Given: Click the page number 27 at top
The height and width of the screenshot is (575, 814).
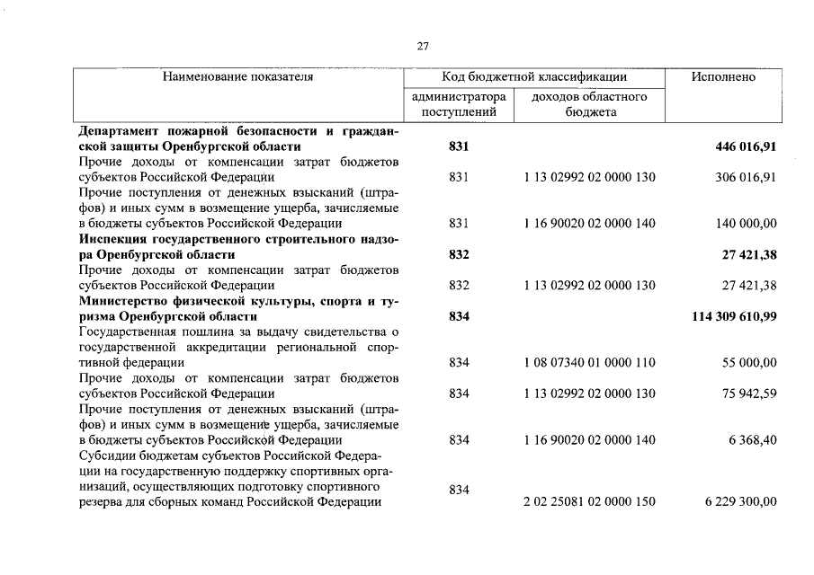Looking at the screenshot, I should tap(423, 46).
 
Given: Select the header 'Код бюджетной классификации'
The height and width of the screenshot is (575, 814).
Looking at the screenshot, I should tap(534, 77).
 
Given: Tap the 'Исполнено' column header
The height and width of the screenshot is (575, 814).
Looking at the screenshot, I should tap(723, 77).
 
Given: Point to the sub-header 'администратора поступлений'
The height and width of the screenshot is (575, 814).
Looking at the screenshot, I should tap(459, 104).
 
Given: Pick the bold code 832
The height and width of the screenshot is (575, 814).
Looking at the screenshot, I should tap(459, 254).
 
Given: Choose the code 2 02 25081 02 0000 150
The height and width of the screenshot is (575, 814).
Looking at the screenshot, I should tap(589, 502).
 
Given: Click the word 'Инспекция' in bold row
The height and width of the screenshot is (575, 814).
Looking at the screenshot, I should tap(114, 239).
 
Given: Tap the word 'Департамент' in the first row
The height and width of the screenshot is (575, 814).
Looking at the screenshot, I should tap(121, 131).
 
